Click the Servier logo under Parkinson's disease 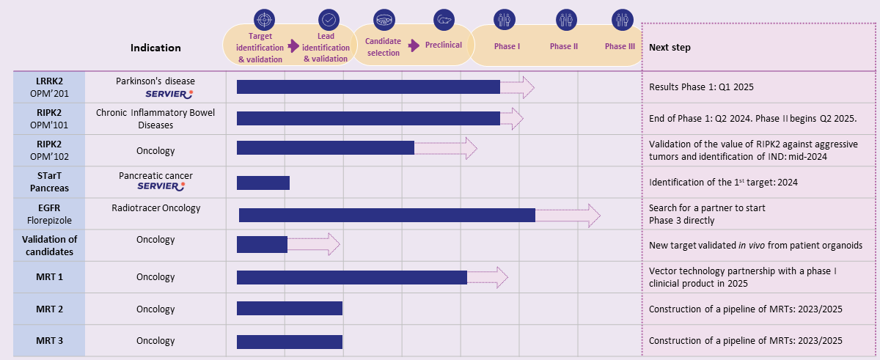click(169, 93)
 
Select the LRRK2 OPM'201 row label click(49, 87)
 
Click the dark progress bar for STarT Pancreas click(263, 183)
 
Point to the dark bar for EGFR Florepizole click(386, 215)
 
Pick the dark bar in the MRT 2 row click(289, 309)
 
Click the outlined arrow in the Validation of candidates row click(314, 244)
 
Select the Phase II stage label click(564, 46)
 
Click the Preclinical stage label click(444, 45)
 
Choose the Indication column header click(155, 48)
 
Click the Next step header click(670, 48)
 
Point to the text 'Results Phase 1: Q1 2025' click(701, 87)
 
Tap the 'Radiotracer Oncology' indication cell click(155, 208)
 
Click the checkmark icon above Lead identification click(329, 19)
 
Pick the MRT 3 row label click(49, 341)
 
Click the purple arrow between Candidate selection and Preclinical click(414, 45)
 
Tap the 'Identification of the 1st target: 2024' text click(723, 182)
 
